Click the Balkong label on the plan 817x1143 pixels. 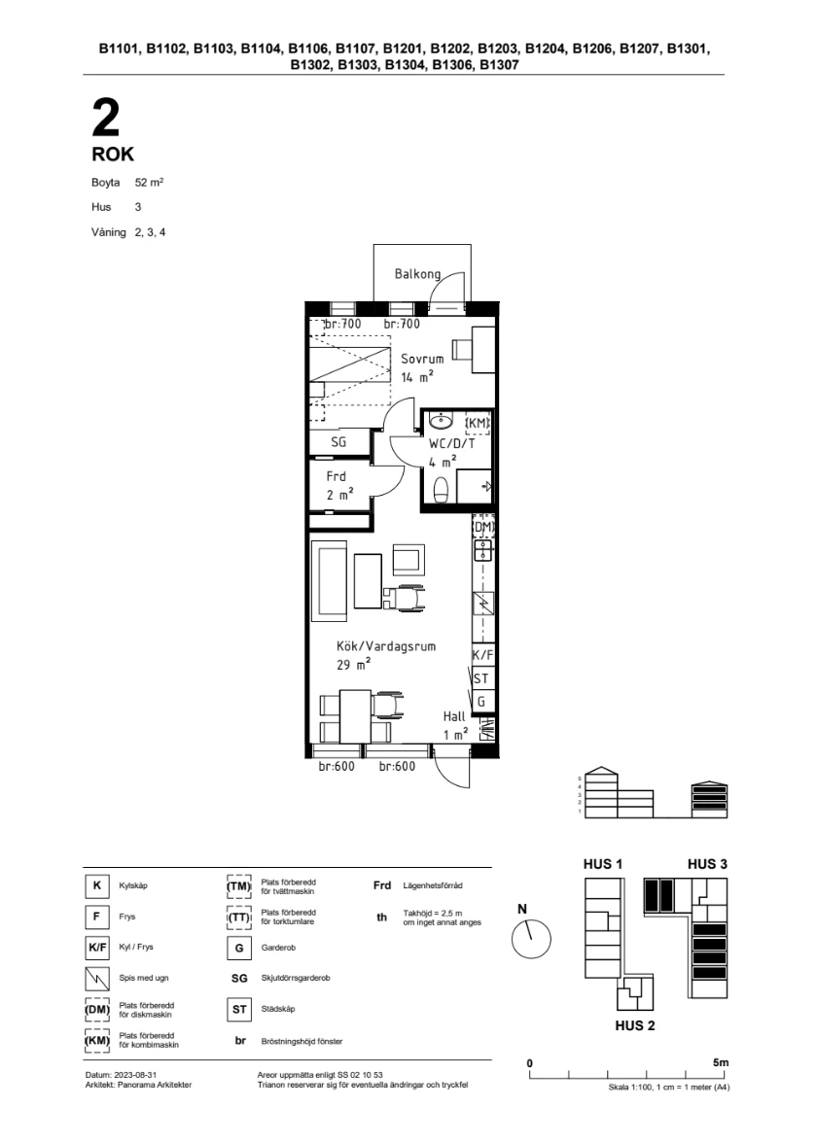coord(417,274)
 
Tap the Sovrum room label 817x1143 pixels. coord(422,359)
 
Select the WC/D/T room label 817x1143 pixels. coord(451,443)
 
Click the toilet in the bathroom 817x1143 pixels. coord(440,491)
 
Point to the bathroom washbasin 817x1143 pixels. coord(440,421)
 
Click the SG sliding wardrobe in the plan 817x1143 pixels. coord(338,441)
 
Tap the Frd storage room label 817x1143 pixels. coord(337,476)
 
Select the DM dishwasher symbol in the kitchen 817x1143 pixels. coord(482,527)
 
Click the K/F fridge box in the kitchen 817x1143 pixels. coord(482,655)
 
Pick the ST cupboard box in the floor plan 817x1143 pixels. coord(482,678)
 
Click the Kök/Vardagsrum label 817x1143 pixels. coord(386,646)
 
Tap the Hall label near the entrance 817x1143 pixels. coord(453,716)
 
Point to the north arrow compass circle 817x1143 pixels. coord(531,939)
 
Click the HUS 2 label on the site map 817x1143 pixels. coord(634,1025)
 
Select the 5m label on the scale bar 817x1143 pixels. coord(720,1062)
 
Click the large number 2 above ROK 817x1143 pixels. coord(106,118)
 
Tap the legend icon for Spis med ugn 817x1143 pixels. coord(97,978)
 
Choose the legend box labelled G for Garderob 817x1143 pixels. coord(239,948)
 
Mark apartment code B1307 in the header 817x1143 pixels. coord(500,64)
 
